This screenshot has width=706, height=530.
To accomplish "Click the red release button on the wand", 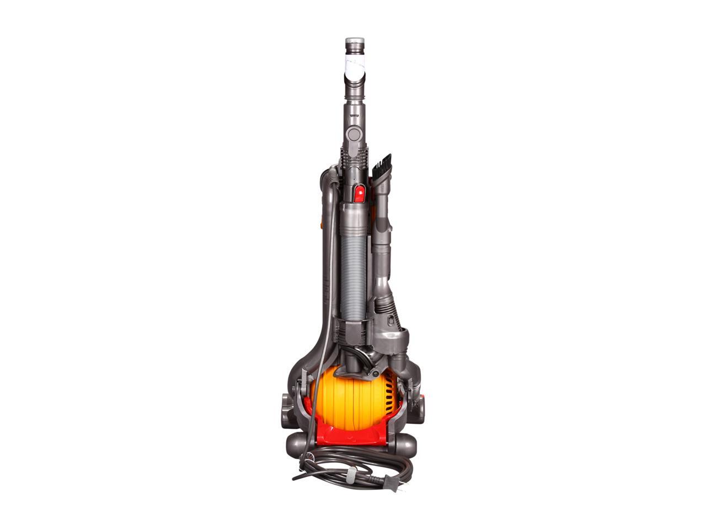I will [359, 193].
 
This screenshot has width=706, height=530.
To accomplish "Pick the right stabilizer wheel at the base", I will [419, 409].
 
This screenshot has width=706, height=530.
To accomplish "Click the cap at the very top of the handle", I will [355, 43].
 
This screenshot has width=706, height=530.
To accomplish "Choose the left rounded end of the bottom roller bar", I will [295, 443].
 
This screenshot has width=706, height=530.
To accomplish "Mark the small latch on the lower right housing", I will [391, 319].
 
